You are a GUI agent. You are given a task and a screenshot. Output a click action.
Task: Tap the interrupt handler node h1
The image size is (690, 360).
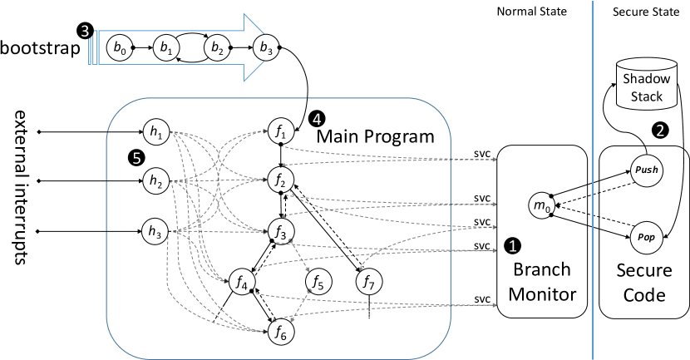pos(155,131)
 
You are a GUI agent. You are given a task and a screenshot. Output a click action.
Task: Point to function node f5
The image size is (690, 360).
pos(319,282)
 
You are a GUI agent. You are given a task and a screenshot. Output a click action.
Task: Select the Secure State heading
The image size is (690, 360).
pos(645,12)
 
